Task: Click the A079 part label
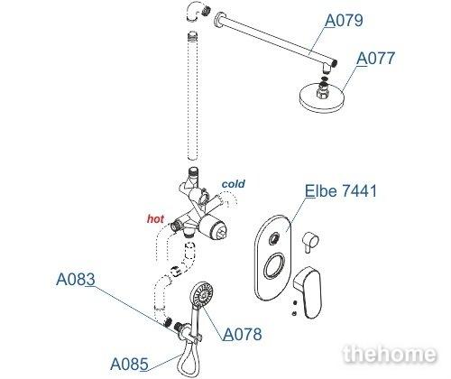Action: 344,21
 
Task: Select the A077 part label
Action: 375,58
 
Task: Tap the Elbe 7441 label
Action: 341,190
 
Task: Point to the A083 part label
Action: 76,279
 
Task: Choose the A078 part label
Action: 243,334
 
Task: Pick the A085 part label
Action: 129,364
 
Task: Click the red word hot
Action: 155,218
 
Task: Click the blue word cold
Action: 233,184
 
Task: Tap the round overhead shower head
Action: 321,97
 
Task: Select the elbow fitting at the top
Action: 196,13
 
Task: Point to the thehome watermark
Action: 390,354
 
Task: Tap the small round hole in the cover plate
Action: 274,239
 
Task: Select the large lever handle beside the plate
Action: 308,291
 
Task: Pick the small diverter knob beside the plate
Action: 310,241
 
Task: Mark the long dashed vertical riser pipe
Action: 193,96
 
